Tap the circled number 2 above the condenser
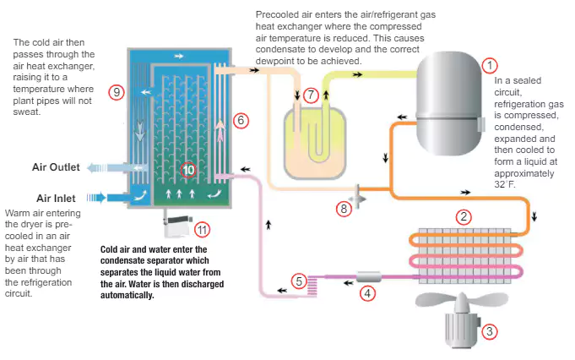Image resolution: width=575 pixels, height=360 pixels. [463, 216]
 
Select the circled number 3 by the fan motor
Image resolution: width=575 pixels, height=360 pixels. [487, 332]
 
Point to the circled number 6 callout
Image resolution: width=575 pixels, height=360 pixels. [241, 121]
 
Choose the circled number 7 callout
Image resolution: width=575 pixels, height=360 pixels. [312, 95]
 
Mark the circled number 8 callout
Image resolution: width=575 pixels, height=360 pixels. [343, 207]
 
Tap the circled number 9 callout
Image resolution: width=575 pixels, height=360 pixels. [117, 92]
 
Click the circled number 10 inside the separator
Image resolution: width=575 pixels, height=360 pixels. [188, 170]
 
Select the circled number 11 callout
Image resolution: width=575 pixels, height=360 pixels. [202, 229]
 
